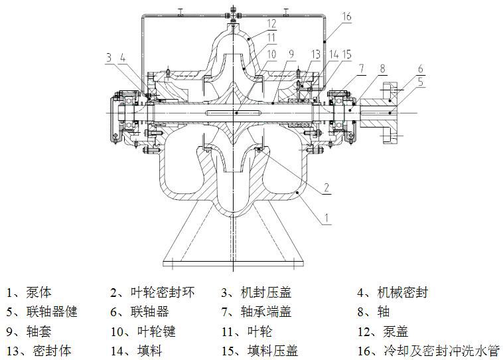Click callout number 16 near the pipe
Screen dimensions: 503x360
tap(346, 17)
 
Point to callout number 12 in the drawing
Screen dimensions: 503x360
tap(271, 23)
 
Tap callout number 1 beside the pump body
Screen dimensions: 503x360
tap(326, 218)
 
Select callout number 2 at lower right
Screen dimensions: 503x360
tap(326, 187)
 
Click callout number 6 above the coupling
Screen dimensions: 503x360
tap(420, 68)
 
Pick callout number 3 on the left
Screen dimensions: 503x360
tap(109, 58)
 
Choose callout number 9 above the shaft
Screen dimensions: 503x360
tap(291, 54)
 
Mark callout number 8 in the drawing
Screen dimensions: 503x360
tap(382, 68)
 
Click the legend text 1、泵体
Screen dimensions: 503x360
tap(29, 292)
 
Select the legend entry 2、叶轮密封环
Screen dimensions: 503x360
tap(153, 292)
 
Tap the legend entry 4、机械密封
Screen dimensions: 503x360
tap(393, 292)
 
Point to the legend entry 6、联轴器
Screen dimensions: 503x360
tap(139, 312)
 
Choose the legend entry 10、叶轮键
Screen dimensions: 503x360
tap(143, 331)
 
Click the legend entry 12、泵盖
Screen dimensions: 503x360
tap(383, 331)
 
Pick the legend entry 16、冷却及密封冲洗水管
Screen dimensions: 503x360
tap(429, 351)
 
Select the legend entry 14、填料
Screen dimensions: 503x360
tap(136, 351)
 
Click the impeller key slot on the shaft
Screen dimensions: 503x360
tap(233, 113)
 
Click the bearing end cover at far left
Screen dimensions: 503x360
tap(113, 117)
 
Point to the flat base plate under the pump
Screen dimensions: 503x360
tap(233, 263)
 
